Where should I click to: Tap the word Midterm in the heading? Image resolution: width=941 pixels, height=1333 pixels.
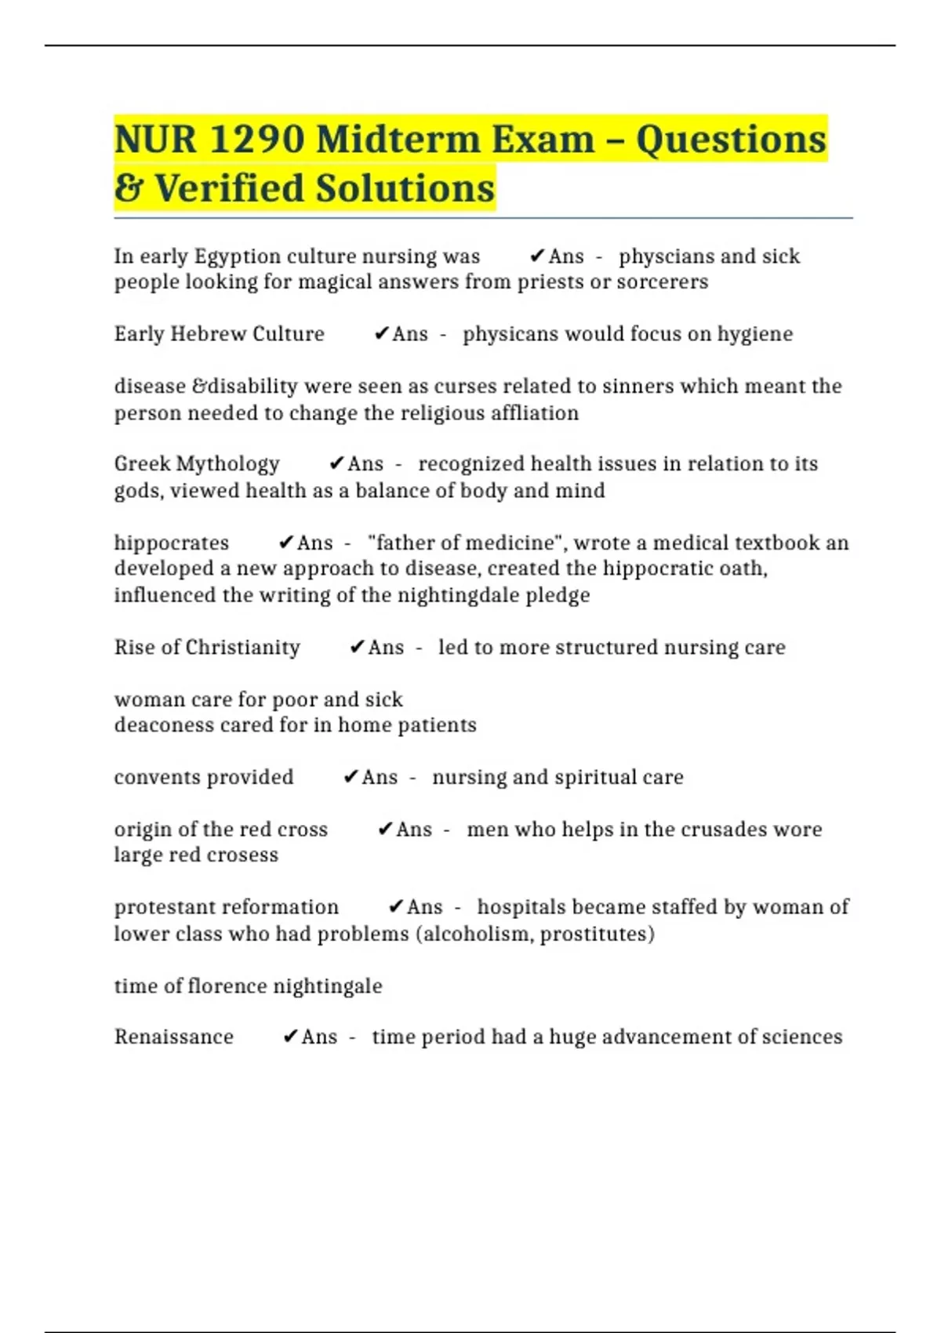(395, 140)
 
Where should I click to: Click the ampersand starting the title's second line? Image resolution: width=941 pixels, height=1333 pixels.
(128, 188)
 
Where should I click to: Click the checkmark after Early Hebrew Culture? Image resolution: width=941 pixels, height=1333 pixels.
(381, 334)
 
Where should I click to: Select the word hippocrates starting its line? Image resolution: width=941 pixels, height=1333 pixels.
(171, 543)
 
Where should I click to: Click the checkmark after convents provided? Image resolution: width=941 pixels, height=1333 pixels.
(351, 777)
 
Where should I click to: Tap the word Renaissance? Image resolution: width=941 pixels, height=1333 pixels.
(173, 1037)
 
